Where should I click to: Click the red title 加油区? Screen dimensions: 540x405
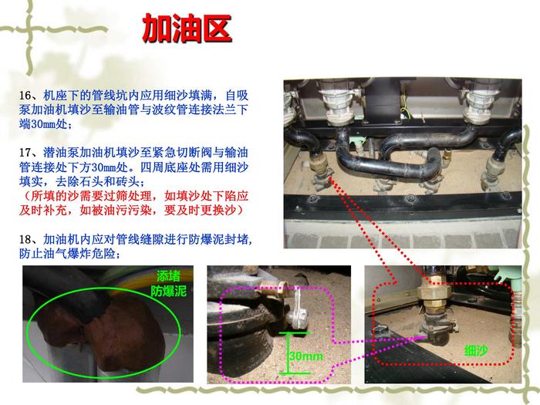[x=187, y=29]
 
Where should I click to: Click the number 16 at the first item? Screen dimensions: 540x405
[x=25, y=96]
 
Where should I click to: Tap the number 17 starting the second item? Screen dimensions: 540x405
[x=25, y=153]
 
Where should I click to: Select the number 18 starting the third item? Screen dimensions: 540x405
[x=25, y=239]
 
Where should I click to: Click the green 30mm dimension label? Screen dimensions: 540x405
[x=306, y=356]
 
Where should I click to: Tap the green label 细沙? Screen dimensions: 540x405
[x=476, y=351]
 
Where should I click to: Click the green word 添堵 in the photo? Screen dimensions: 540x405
[x=168, y=276]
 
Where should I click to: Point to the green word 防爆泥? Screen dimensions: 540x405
[x=168, y=292]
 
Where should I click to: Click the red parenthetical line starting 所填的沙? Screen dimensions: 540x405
[x=133, y=196]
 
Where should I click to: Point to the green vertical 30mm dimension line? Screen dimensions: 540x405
[x=289, y=353]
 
